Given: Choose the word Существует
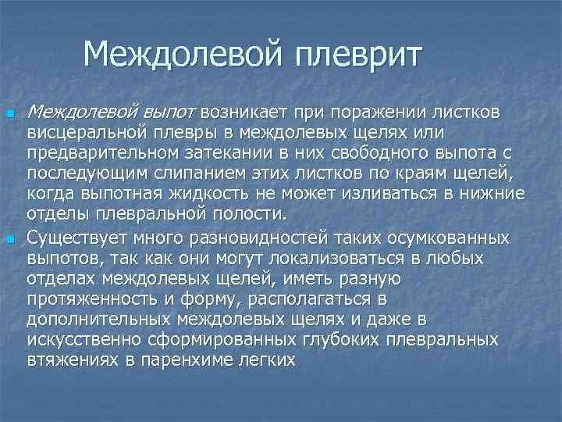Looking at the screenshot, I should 87,237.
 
